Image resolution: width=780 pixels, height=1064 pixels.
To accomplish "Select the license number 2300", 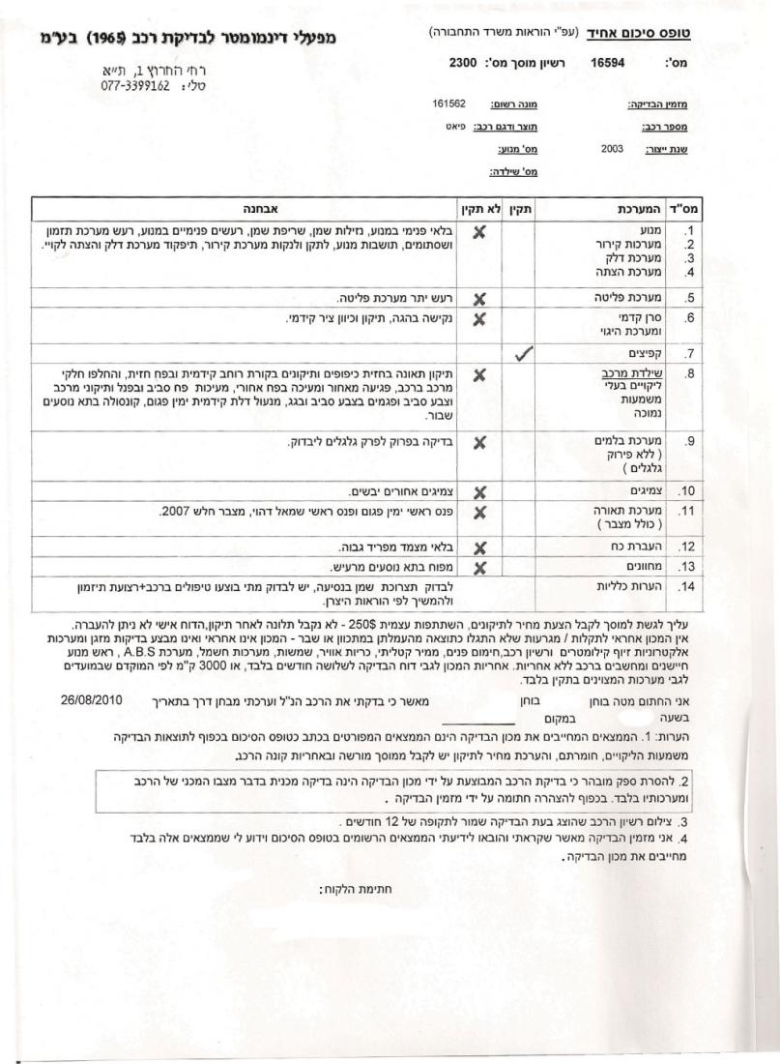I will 463,62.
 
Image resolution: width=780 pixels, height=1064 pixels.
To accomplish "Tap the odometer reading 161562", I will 450,103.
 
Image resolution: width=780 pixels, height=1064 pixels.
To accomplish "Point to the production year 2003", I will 612,150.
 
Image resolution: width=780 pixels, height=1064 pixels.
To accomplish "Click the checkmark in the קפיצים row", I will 523,354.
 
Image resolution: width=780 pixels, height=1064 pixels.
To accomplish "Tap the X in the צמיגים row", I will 477,491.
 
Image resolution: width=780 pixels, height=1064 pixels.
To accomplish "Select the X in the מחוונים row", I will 477,567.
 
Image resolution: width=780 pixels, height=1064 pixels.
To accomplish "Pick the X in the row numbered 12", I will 477,547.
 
